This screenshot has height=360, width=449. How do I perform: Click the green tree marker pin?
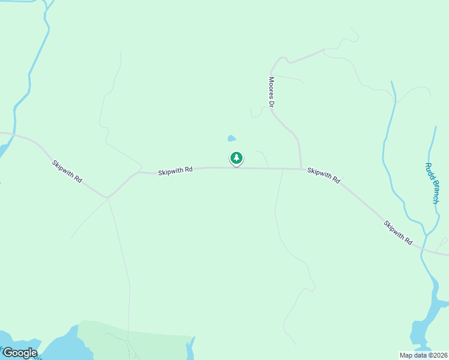(x=237, y=158)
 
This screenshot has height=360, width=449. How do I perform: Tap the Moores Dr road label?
(x=271, y=92)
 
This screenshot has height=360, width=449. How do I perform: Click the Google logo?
(x=20, y=353)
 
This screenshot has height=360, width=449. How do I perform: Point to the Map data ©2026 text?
(x=424, y=355)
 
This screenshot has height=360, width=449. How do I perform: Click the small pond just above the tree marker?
(x=231, y=139)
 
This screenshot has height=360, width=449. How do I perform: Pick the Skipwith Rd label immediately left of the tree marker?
(x=175, y=171)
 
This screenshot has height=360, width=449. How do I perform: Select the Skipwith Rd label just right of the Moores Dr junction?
(x=324, y=175)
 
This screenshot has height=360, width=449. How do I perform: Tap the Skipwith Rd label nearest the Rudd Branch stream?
(x=399, y=232)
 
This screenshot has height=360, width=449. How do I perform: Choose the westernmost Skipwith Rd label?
(x=67, y=171)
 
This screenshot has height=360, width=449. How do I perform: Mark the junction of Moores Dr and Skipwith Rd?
(x=301, y=169)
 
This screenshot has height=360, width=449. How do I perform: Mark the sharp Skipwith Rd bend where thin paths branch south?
(x=107, y=196)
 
